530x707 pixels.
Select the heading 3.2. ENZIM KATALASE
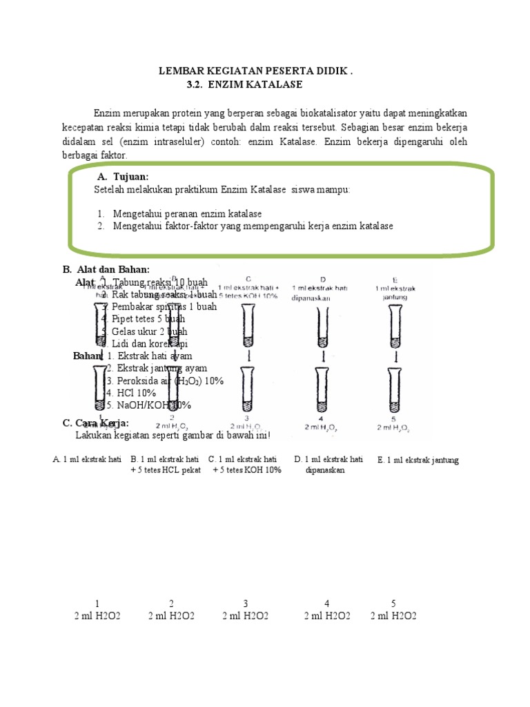(244, 84)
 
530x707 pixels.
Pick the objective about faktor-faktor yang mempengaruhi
(253, 226)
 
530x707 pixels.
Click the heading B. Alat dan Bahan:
(106, 269)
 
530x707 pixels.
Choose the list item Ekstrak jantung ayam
(157, 368)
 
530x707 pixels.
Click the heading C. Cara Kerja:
(96, 423)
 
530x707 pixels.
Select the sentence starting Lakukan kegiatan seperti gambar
(173, 436)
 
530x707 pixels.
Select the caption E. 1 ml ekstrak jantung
(418, 461)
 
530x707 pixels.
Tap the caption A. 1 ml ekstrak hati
(87, 459)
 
